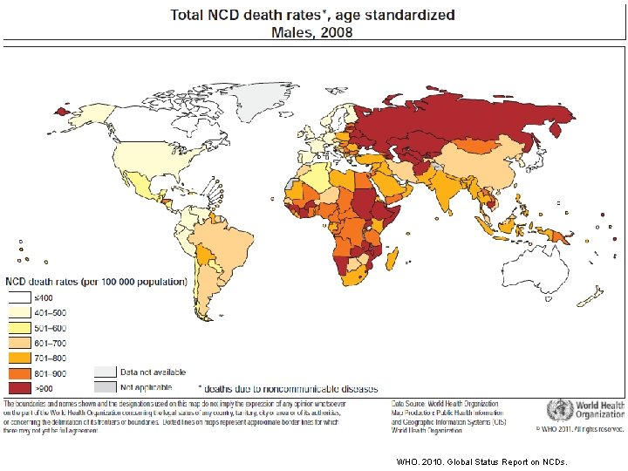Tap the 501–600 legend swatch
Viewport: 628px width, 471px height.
point(18,327)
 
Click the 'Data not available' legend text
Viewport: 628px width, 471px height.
point(153,372)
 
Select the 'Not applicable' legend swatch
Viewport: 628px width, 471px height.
point(105,386)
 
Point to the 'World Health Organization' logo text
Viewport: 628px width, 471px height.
point(599,411)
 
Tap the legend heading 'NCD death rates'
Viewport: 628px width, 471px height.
point(96,282)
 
